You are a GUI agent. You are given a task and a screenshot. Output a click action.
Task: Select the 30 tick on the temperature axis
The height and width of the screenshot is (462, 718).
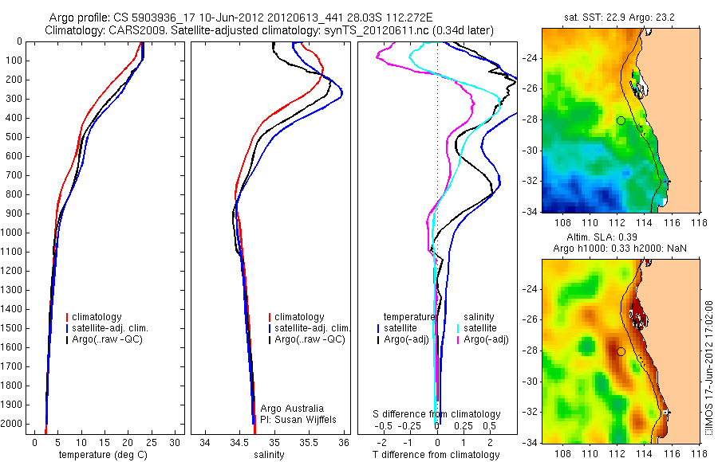click(176, 441)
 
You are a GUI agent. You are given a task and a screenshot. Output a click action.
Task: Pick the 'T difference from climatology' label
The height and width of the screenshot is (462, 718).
click(437, 455)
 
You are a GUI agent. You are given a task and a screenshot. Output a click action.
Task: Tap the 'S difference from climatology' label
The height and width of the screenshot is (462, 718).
click(437, 414)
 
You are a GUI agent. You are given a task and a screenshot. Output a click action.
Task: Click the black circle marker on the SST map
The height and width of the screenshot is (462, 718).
click(621, 120)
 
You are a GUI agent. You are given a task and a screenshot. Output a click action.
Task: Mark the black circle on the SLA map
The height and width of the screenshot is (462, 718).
click(621, 351)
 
